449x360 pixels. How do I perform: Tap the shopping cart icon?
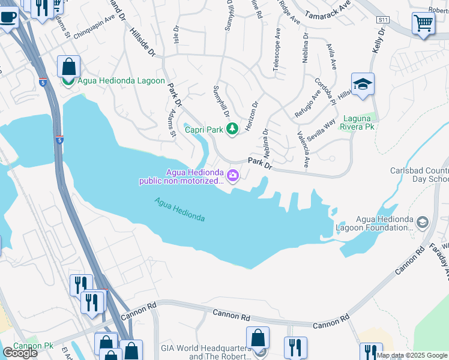(423, 24)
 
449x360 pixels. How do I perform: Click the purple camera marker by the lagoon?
(232, 176)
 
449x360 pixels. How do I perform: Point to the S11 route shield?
(382, 20)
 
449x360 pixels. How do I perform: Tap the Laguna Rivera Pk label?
(358, 122)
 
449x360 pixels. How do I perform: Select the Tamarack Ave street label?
(328, 9)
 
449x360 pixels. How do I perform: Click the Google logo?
(20, 352)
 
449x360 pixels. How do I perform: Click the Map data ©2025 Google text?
(412, 355)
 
